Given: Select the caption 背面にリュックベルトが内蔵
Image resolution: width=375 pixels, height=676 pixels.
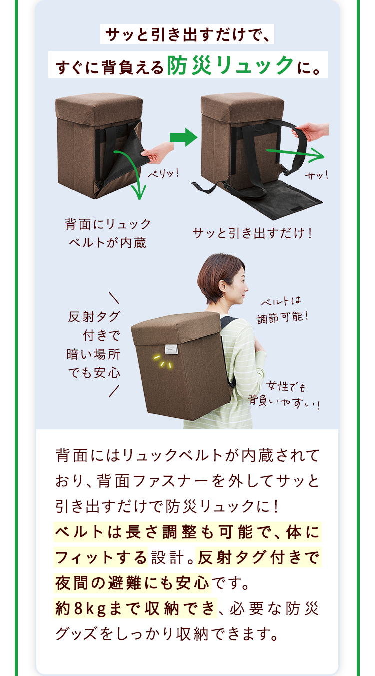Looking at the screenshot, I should [108, 233].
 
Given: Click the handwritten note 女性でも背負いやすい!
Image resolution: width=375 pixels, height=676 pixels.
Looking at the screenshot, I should [285, 395].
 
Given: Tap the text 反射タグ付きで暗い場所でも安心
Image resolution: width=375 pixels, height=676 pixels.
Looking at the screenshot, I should [94, 345].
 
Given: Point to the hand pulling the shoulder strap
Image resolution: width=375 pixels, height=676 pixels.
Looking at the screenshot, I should [310, 132].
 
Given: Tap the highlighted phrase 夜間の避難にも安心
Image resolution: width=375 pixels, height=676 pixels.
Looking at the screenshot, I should [132, 583].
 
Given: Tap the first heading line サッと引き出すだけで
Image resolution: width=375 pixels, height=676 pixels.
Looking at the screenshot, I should [187, 36].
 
